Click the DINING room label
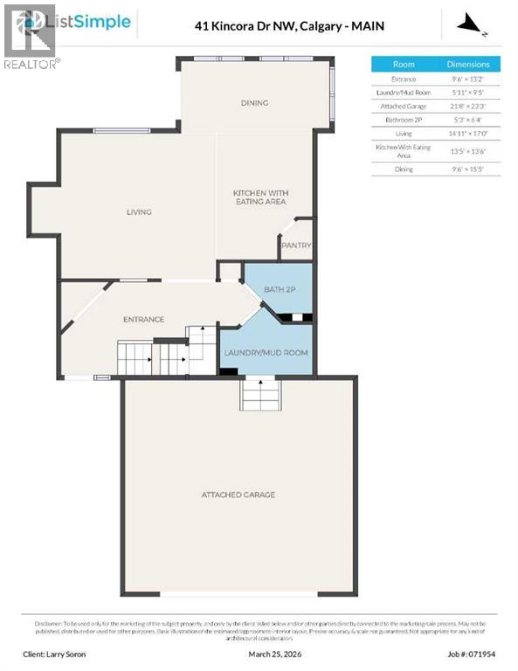tap(254, 103)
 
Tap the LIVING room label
tap(139, 211)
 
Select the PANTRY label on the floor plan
tap(296, 246)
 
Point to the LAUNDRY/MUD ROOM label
tap(266, 353)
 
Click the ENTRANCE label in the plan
tap(143, 319)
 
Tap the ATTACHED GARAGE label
tap(238, 495)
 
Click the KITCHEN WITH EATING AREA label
tap(260, 197)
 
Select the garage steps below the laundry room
tap(260, 395)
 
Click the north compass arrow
tap(473, 24)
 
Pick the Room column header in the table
tap(404, 64)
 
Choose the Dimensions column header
tap(468, 64)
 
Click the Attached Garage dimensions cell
tap(468, 105)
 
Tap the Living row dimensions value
tap(468, 133)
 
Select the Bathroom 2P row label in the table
tap(404, 119)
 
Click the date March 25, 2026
tap(266, 654)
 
